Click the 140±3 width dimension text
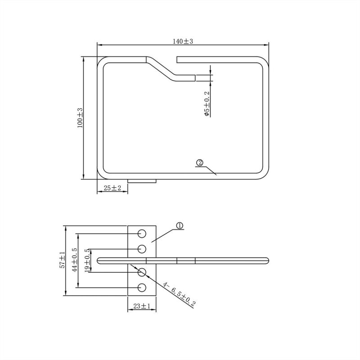click(x=182, y=41)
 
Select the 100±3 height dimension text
click(x=80, y=118)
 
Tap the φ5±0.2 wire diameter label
click(x=206, y=104)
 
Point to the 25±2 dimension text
click(x=112, y=188)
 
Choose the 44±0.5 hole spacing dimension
click(x=74, y=260)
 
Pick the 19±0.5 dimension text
click(x=87, y=260)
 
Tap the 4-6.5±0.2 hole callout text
click(x=179, y=294)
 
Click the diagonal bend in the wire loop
click(x=160, y=68)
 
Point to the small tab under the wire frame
click(x=142, y=181)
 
